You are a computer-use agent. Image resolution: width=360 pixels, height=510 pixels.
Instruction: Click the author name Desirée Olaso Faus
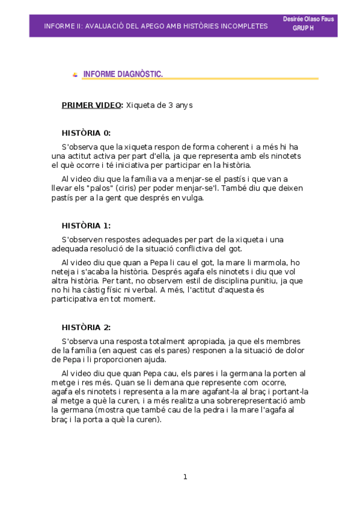tap(308, 19)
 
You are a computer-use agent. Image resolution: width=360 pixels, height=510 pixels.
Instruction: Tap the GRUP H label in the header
tap(303, 28)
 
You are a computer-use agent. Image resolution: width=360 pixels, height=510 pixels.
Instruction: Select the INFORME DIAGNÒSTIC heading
tap(123, 74)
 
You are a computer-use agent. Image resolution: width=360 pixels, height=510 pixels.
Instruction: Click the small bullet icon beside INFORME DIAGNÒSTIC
tap(75, 75)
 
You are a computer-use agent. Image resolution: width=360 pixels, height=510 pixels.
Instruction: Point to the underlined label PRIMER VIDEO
tap(91, 105)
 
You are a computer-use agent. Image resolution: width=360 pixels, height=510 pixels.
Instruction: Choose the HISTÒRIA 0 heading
tap(86, 133)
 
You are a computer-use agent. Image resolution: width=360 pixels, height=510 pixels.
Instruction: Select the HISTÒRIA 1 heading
tap(86, 226)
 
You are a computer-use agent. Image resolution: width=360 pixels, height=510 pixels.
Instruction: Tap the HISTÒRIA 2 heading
tap(86, 327)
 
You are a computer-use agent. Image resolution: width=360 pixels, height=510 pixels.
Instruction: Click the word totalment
tap(156, 342)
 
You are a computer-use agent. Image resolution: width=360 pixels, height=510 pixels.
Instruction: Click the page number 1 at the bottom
tap(185, 477)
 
